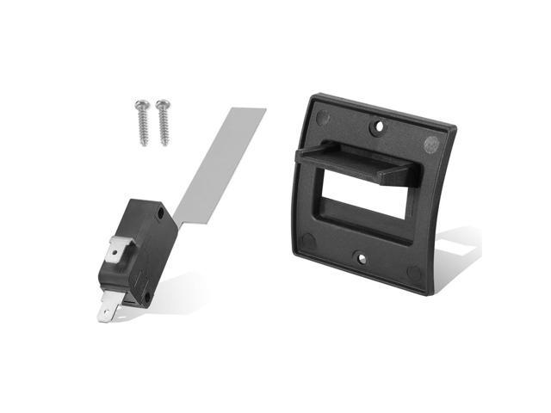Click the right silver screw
tap(163, 121)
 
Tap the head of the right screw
tap(160, 106)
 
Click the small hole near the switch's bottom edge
tap(146, 298)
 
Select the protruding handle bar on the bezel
tap(353, 160)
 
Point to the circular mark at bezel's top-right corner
tap(431, 144)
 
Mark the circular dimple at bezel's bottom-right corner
tap(415, 273)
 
